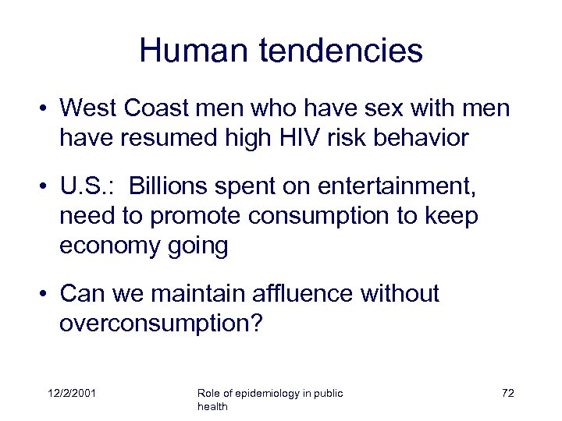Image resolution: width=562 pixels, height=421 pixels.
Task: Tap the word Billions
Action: [172, 186]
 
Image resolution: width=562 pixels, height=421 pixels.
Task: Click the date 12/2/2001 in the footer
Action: [70, 394]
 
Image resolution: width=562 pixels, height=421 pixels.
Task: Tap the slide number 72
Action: [507, 394]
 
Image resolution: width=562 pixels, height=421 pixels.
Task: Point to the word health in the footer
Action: [212, 407]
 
